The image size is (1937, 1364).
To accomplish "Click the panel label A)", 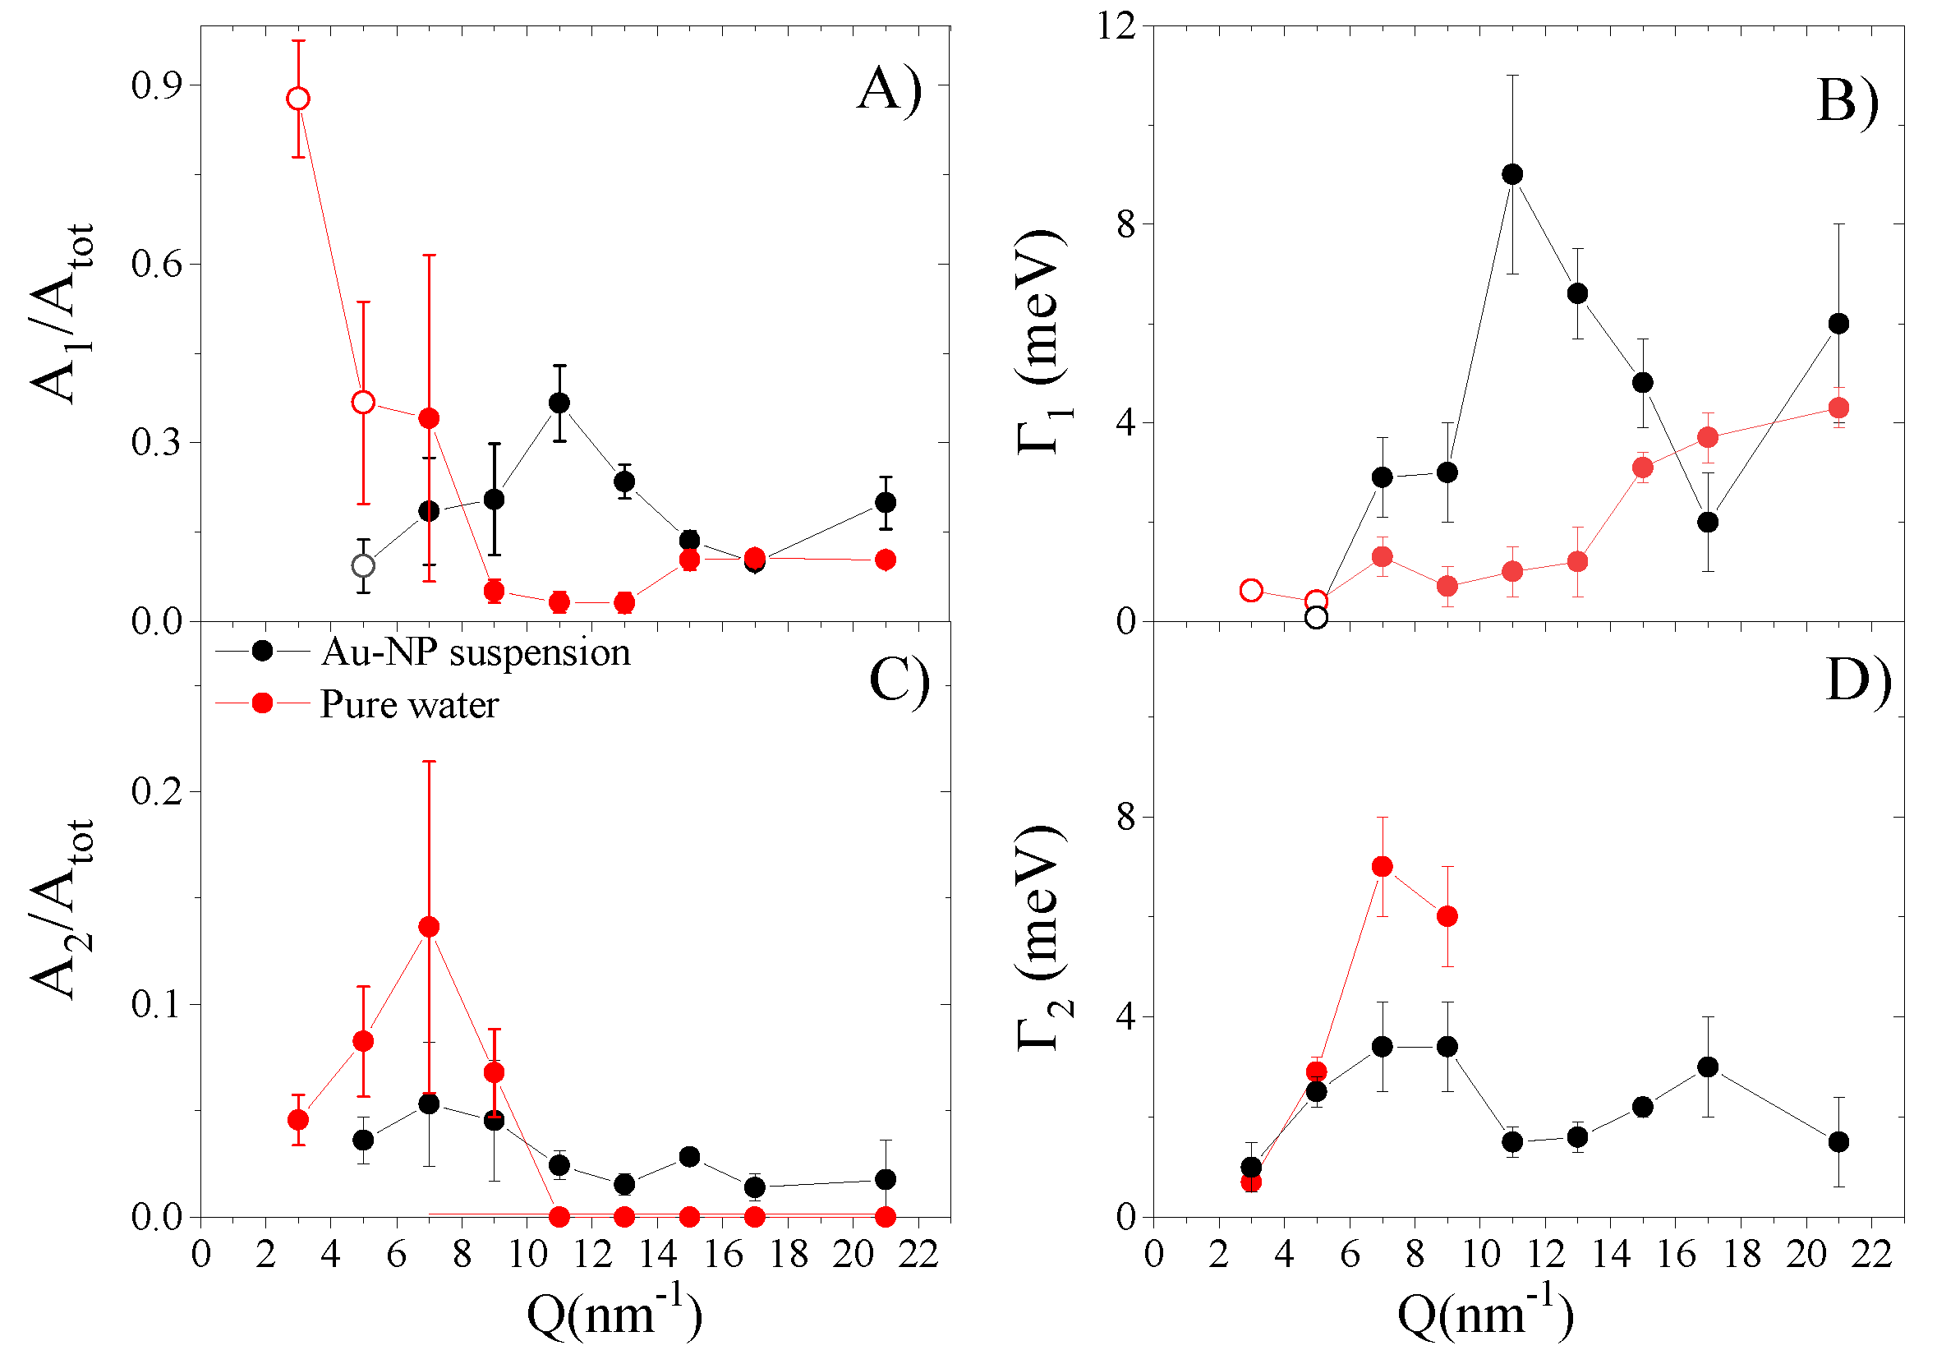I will click(888, 90).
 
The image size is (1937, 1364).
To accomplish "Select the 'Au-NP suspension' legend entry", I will click(475, 652).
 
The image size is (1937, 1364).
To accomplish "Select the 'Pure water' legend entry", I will click(409, 705).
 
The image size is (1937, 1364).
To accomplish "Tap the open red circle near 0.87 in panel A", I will click(297, 99).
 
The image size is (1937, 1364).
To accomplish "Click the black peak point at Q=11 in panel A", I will click(559, 403).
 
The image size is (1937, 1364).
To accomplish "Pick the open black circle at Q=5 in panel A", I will click(363, 565).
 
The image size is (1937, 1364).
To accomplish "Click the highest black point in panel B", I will click(1512, 175).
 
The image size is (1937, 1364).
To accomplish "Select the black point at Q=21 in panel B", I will click(1838, 324).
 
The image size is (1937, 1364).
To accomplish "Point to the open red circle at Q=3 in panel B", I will click(1251, 591).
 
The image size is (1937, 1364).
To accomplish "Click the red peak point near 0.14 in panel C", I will click(429, 928).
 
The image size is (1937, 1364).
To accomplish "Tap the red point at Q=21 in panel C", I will click(885, 1217).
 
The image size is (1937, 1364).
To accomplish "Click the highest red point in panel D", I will click(1382, 867).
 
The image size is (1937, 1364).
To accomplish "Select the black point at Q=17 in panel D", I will click(1708, 1067).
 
